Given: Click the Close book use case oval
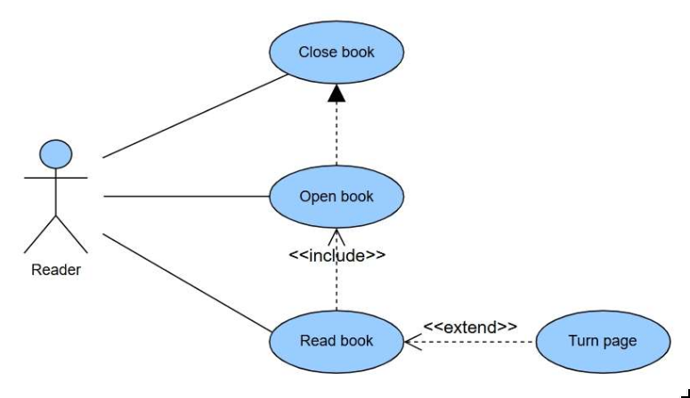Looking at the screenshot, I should pyautogui.click(x=337, y=53).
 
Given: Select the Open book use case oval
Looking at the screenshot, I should pyautogui.click(x=337, y=197).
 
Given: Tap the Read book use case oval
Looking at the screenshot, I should pyautogui.click(x=337, y=341).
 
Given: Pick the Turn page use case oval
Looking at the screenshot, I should pyautogui.click(x=603, y=341).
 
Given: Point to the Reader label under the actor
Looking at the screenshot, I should pyautogui.click(x=55, y=270).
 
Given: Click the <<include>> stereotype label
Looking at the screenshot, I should pyautogui.click(x=337, y=256).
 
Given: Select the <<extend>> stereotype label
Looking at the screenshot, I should pyautogui.click(x=469, y=327).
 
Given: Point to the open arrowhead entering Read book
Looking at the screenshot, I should pyautogui.click(x=412, y=341).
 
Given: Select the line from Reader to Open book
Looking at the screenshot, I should pyautogui.click(x=187, y=197).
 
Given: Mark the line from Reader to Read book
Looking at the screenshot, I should pyautogui.click(x=187, y=282).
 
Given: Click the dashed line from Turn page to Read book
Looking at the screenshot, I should pyautogui.click(x=481, y=341).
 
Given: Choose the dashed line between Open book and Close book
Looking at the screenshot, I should pyautogui.click(x=337, y=134).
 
